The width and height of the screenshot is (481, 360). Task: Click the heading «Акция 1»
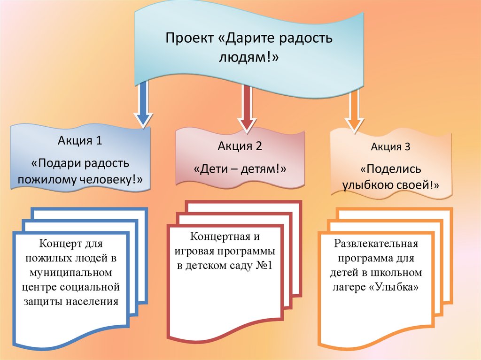click(x=80, y=140)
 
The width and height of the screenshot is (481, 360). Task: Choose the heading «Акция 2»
click(x=240, y=146)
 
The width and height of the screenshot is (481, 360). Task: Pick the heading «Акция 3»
click(x=391, y=147)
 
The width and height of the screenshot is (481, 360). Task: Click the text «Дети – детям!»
click(x=240, y=168)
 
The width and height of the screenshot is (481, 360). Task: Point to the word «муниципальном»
click(x=70, y=272)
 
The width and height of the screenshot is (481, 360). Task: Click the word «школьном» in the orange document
click(x=400, y=272)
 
